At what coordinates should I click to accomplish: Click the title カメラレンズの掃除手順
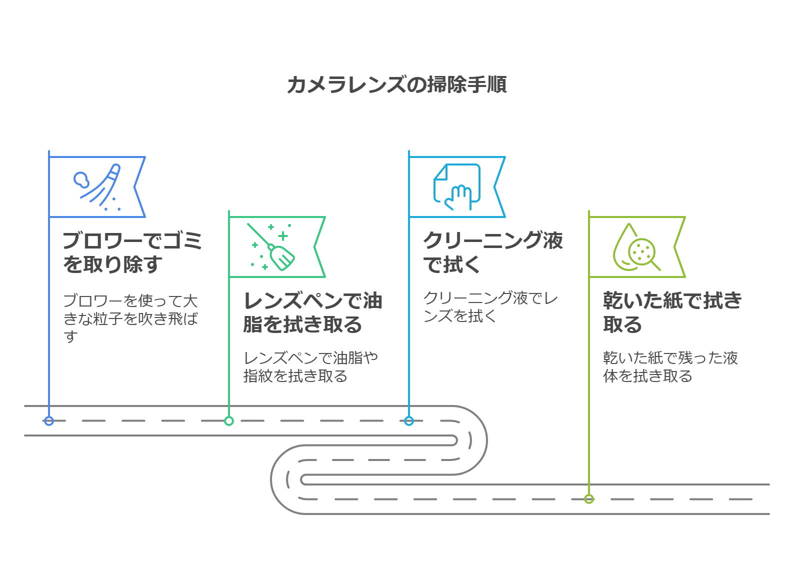[x=397, y=84]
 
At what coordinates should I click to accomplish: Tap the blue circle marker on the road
[x=49, y=421]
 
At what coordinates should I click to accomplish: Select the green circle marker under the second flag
[x=229, y=421]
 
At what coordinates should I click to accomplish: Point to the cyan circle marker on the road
[x=409, y=421]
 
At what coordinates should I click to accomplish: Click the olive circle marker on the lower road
[x=589, y=499]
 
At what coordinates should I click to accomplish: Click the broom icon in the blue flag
[x=100, y=187]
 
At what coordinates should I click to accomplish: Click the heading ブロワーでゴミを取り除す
[x=132, y=252]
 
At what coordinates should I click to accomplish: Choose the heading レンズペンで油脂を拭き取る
[x=312, y=312]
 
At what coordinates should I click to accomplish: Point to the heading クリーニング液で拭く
[x=492, y=252]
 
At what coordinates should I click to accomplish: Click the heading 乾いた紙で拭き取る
[x=672, y=312]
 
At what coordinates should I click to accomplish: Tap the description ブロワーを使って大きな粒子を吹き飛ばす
[x=130, y=318]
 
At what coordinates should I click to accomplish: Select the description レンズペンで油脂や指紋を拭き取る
[x=310, y=366]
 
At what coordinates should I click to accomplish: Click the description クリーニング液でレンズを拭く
[x=490, y=306]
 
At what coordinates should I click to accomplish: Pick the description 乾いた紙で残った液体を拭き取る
[x=670, y=366]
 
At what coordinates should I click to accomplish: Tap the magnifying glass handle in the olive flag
[x=655, y=265]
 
